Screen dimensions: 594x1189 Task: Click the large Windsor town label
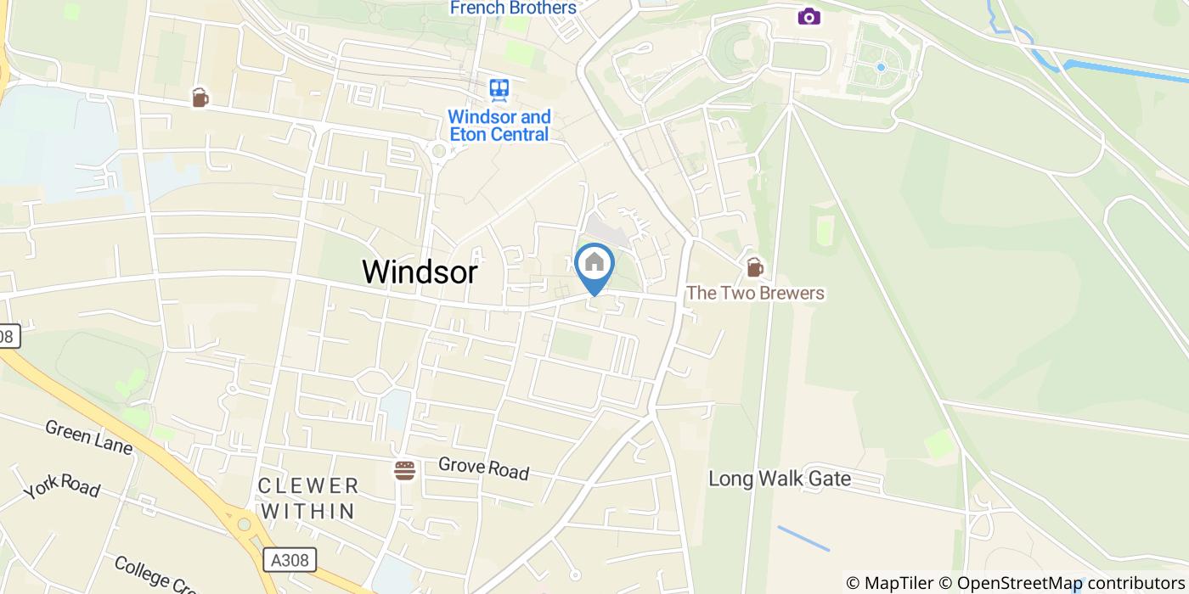(420, 272)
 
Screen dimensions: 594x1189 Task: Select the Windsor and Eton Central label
(499, 126)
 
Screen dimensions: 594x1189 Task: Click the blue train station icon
(499, 89)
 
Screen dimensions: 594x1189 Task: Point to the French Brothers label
(513, 8)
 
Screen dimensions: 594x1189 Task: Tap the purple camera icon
(809, 16)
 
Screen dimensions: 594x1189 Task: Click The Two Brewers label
(755, 294)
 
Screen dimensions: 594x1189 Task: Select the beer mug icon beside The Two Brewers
(754, 267)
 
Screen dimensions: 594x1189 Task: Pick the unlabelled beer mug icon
(200, 98)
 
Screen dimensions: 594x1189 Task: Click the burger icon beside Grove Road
(404, 470)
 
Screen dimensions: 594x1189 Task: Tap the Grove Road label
(483, 468)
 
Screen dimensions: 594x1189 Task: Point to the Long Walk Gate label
(780, 479)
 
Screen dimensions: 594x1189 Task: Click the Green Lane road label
(88, 436)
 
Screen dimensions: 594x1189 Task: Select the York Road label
(61, 487)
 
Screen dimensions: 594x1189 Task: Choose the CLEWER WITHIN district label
(308, 498)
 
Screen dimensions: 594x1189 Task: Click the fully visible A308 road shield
(290, 560)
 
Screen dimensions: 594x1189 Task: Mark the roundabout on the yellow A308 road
(245, 524)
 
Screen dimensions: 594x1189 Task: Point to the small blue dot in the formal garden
(881, 66)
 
